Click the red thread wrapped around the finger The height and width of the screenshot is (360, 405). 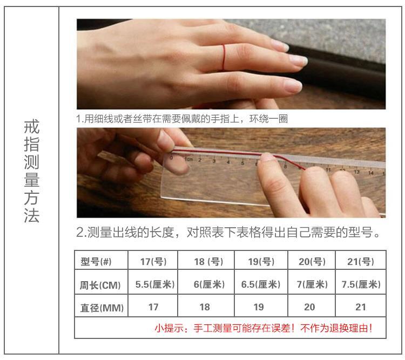point(224,57)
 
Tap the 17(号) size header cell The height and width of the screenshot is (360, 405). point(153,262)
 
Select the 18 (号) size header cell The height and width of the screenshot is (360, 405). point(208,262)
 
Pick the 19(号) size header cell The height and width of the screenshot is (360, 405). point(261,262)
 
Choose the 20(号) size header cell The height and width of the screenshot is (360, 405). point(312,262)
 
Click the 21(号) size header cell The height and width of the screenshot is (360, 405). point(361,262)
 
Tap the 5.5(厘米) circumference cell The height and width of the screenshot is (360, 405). point(155,284)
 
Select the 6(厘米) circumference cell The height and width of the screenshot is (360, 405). point(209,284)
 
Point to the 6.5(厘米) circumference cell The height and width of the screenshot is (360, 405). point(261,284)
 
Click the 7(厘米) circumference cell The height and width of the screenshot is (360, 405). point(312,284)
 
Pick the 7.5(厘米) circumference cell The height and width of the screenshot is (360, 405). point(361,284)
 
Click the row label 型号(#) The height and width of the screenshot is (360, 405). point(96,262)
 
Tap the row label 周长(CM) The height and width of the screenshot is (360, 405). point(100,286)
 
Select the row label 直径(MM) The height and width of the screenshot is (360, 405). point(102,308)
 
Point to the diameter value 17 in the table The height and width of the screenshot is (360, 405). point(153,307)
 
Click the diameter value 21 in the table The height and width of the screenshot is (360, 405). point(361,307)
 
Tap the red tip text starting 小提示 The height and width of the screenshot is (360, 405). point(264,328)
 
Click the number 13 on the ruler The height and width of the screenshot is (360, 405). point(357,172)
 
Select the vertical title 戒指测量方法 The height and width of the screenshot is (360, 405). point(31,171)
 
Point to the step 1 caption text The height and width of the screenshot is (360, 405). point(182,119)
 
